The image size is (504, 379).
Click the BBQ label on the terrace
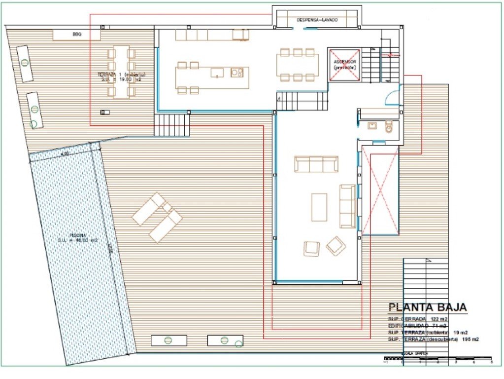76,35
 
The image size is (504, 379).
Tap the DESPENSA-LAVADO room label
317,20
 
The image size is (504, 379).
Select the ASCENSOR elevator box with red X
345,65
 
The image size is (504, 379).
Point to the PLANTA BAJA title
428,307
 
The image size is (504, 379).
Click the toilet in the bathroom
390,127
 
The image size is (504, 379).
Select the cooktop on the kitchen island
237,73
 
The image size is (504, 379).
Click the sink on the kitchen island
217,73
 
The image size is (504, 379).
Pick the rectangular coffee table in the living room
319,207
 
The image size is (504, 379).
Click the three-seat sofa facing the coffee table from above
316,164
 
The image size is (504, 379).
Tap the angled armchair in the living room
336,245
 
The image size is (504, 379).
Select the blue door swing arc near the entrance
392,98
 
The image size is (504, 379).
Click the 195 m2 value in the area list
470,340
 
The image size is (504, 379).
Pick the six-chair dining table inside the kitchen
298,65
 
